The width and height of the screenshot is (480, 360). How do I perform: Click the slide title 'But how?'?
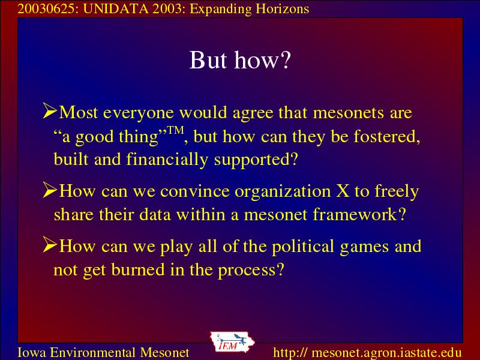click(x=239, y=59)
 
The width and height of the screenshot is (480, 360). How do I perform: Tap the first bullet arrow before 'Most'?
click(x=50, y=110)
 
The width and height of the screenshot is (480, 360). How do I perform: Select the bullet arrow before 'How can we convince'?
click(x=50, y=190)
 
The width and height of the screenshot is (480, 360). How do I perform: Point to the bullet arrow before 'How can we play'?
click(x=50, y=244)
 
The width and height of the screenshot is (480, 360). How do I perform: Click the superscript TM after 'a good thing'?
click(x=176, y=130)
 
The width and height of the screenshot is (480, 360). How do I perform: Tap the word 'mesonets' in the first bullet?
click(x=349, y=113)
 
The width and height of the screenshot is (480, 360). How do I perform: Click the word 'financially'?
click(x=167, y=160)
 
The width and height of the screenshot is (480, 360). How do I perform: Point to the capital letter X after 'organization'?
click(x=343, y=191)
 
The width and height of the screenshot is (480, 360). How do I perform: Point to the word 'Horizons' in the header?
click(x=282, y=9)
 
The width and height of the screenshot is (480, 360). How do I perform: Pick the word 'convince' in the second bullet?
click(x=194, y=191)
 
